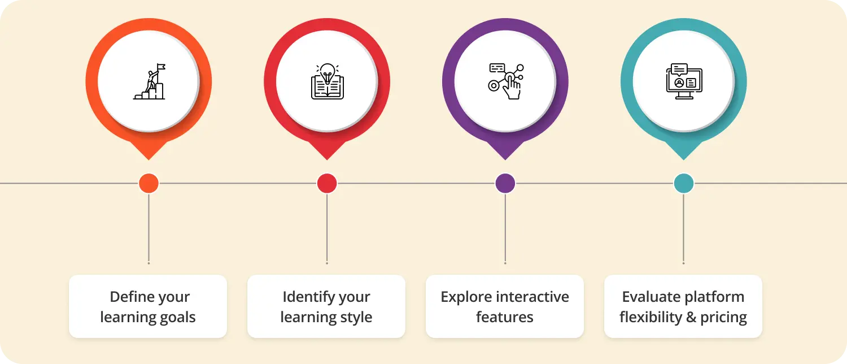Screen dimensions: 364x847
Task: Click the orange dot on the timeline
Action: point(149,183)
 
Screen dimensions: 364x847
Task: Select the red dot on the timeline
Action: point(327,183)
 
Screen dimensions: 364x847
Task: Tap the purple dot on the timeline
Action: point(505,183)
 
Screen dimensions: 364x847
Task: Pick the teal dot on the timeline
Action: point(684,183)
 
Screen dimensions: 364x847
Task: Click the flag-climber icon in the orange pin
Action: point(149,83)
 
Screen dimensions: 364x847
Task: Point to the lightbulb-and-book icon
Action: point(327,82)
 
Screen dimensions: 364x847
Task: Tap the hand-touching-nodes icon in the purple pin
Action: point(505,82)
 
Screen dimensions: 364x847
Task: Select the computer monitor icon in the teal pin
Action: point(684,82)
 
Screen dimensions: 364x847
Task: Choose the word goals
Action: point(177,317)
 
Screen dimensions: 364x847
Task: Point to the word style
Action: point(354,317)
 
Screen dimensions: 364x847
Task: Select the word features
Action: point(505,317)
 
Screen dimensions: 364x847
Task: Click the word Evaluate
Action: point(649,297)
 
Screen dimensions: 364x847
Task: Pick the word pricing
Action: point(723,318)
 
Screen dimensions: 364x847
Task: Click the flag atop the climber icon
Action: point(161,67)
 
